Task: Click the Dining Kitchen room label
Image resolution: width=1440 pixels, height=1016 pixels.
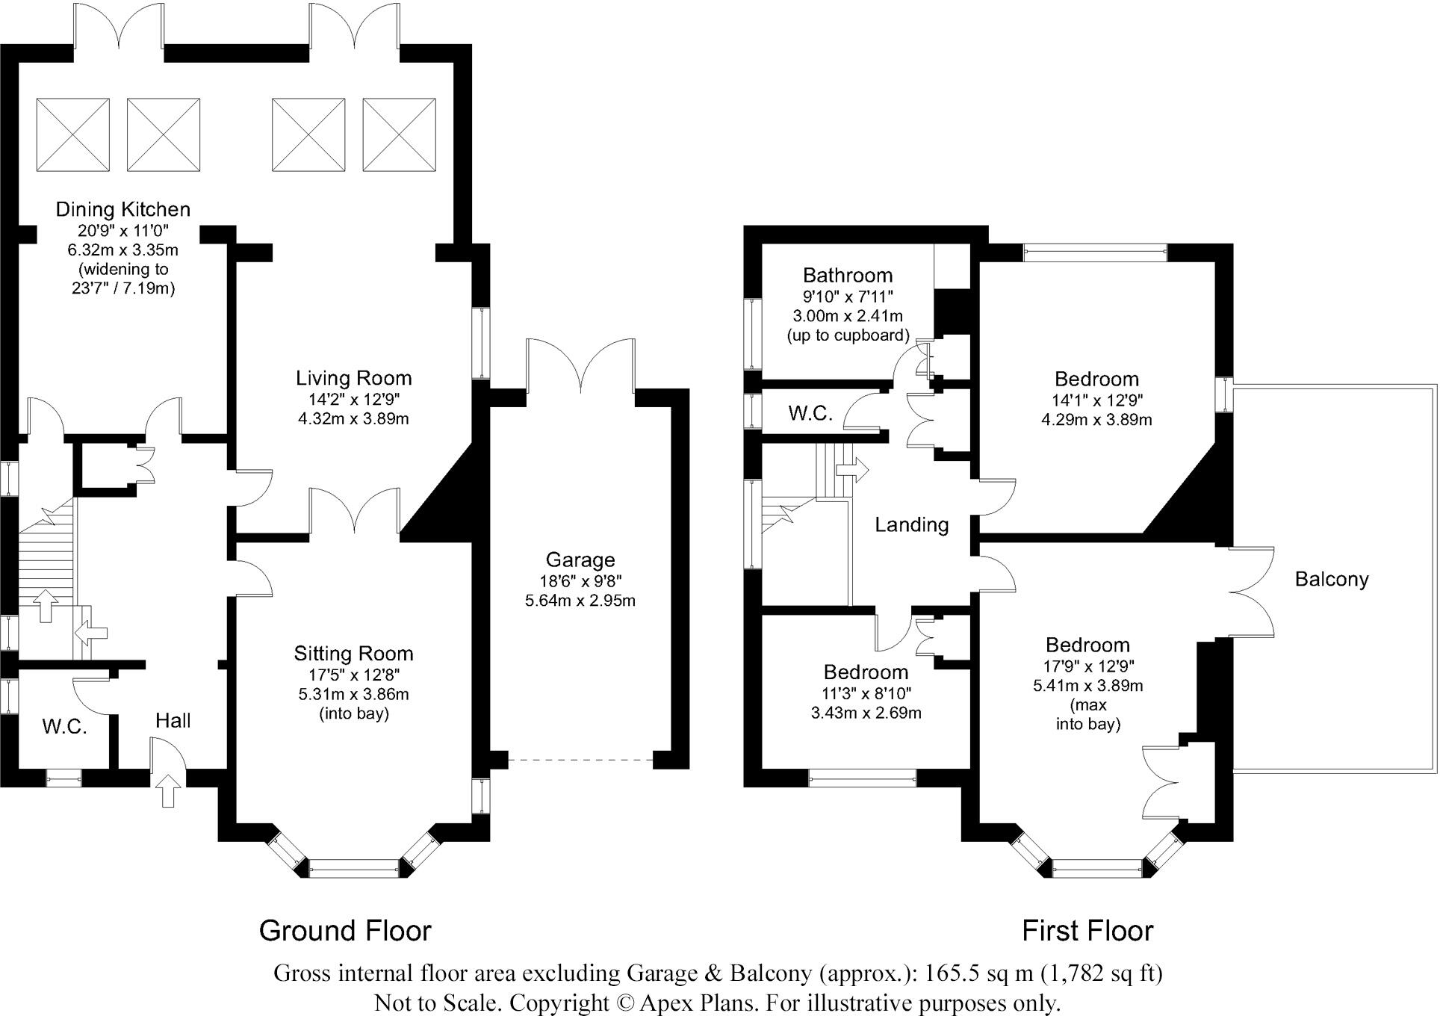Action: tap(123, 209)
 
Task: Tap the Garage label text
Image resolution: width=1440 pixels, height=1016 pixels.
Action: tap(580, 560)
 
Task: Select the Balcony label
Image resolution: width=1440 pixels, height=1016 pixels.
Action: tap(1332, 579)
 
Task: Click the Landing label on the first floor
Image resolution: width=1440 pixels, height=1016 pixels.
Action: tap(912, 525)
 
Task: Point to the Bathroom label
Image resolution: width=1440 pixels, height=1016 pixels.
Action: tap(848, 276)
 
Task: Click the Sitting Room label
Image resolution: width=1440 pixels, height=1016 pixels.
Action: tap(353, 654)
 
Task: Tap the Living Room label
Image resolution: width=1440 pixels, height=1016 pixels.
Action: tap(353, 379)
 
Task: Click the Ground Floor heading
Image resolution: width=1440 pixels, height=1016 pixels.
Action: tap(345, 931)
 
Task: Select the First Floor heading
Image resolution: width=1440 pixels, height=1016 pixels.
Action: tap(1087, 931)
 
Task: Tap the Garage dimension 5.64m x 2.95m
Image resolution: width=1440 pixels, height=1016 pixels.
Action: tap(580, 601)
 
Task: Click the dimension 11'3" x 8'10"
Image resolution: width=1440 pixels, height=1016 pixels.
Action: tap(866, 694)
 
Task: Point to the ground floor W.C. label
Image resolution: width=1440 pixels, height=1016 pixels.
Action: tap(65, 726)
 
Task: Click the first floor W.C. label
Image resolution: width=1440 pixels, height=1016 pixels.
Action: tap(810, 413)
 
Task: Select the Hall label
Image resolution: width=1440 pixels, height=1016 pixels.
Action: tap(173, 721)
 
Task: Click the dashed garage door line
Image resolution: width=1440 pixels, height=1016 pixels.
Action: tap(580, 761)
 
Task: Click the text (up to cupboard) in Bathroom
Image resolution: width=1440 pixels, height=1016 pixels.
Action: tap(848, 335)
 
